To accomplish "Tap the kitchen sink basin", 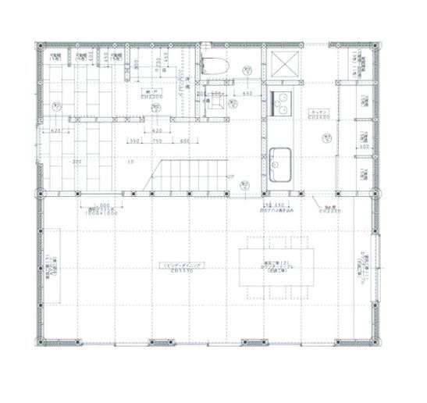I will click(x=279, y=161).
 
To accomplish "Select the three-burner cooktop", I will click(x=280, y=102).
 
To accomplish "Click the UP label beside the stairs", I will click(x=230, y=176).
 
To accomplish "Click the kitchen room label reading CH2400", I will click(x=318, y=114).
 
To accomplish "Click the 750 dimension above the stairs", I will click(x=157, y=141).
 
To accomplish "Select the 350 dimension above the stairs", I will click(x=134, y=141).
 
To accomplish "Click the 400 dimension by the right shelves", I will click(x=363, y=146).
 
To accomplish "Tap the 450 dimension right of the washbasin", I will click(x=247, y=94).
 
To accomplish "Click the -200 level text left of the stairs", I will click(x=77, y=162).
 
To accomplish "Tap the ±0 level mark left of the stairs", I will click(x=130, y=162).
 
